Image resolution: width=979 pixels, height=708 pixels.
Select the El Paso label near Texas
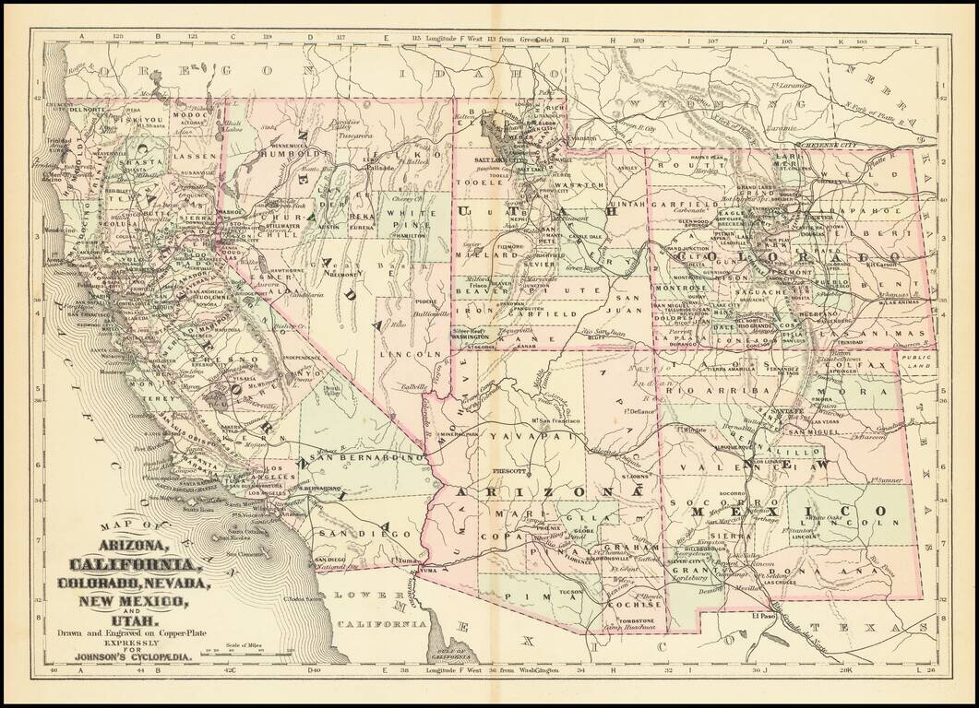762,615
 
